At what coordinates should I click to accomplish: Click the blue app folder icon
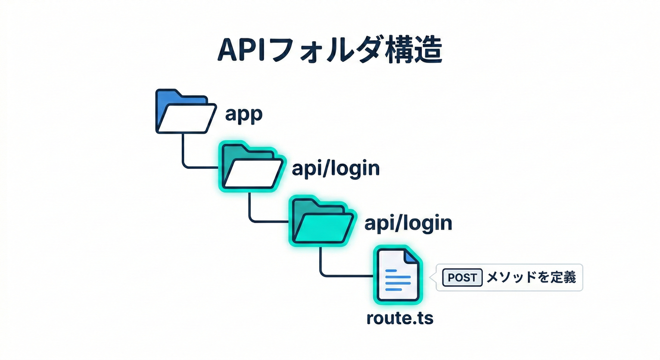click(185, 112)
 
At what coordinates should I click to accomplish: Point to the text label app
click(243, 114)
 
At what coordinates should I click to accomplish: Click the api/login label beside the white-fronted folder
click(335, 169)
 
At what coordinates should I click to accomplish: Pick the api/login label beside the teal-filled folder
click(408, 223)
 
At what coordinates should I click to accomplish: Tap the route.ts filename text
click(399, 318)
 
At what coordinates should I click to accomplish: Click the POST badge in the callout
click(462, 277)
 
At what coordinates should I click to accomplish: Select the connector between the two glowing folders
click(251, 206)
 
